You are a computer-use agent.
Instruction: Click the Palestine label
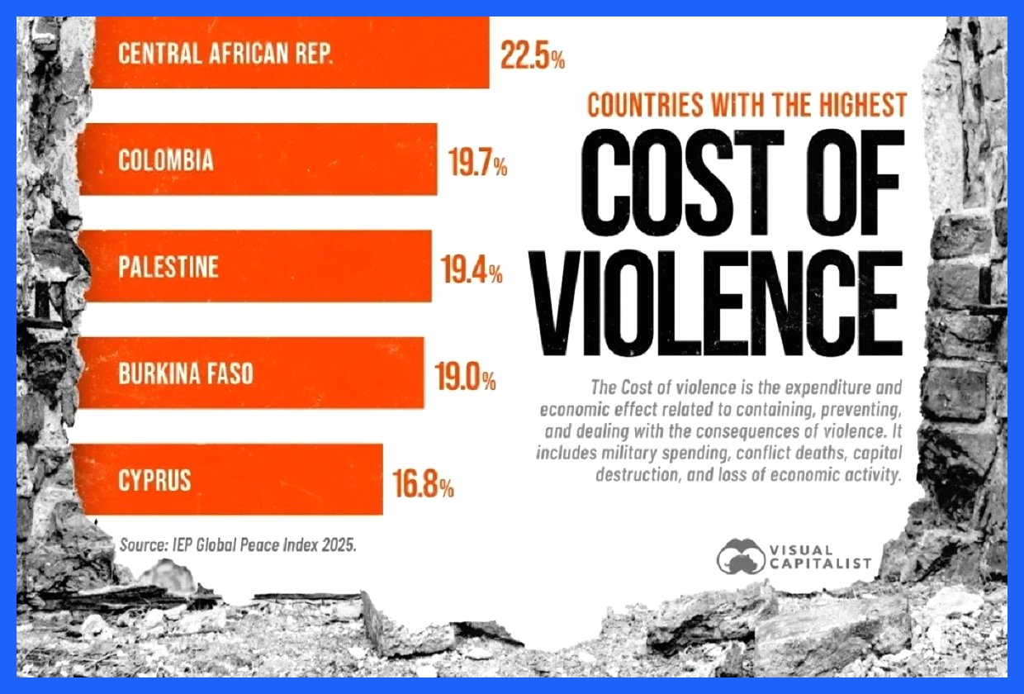pyautogui.click(x=168, y=267)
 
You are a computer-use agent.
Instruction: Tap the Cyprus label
pyautogui.click(x=154, y=480)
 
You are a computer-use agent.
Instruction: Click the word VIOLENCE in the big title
pyautogui.click(x=716, y=293)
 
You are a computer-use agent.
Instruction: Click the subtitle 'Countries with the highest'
pyautogui.click(x=747, y=105)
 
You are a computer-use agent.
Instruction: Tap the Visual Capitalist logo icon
pyautogui.click(x=740, y=555)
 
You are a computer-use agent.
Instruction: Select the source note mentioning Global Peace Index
pyautogui.click(x=238, y=546)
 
